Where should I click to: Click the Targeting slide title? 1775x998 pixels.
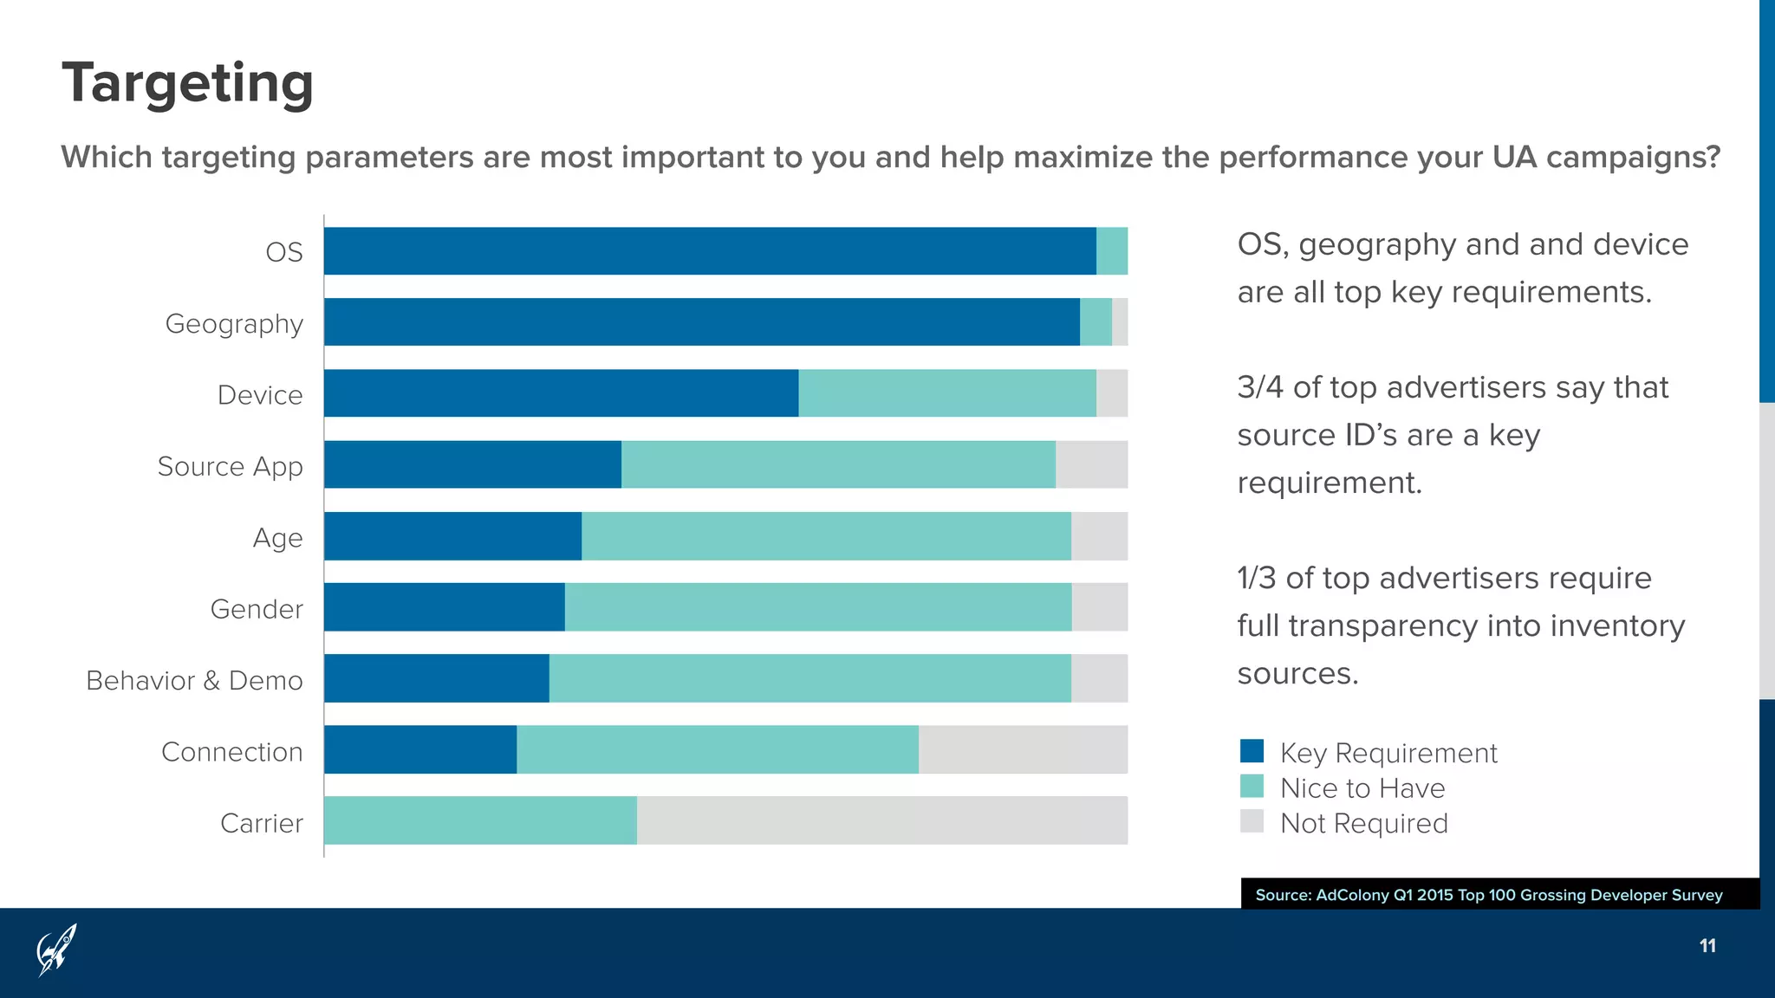click(187, 83)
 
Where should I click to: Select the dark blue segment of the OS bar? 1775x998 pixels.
click(709, 251)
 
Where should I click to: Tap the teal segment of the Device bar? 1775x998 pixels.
click(946, 393)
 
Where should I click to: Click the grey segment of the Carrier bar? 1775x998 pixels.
click(881, 820)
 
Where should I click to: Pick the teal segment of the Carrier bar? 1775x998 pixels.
click(480, 820)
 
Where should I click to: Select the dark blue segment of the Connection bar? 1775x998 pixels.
click(420, 749)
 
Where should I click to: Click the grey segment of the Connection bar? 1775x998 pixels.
click(1023, 749)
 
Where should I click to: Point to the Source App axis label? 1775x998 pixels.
click(231, 467)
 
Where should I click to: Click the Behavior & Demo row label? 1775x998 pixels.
click(194, 681)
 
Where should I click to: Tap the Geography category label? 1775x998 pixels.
click(234, 324)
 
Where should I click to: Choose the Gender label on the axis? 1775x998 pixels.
click(257, 609)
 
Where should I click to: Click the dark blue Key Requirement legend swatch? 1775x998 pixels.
click(1252, 751)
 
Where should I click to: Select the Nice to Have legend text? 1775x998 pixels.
click(1362, 788)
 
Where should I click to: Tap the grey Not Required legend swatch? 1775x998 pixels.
click(1252, 821)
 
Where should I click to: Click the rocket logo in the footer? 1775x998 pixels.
click(56, 949)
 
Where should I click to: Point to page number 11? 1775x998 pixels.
click(1707, 946)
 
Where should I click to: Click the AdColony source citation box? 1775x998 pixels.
click(1488, 895)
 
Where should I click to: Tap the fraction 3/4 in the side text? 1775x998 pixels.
click(1259, 387)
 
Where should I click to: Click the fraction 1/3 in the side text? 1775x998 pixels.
click(1257, 578)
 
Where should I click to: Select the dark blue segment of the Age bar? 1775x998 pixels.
click(452, 535)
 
